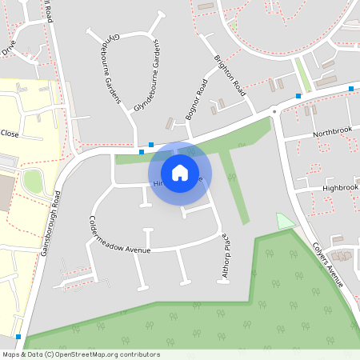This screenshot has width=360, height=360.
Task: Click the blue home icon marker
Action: click(x=180, y=172)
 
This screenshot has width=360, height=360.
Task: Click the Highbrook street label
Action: click(x=340, y=186)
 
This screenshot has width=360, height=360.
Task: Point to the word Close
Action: click(x=10, y=133)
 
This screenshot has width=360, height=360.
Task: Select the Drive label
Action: click(x=8, y=49)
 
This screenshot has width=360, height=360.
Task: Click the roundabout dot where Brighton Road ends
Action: click(x=274, y=110)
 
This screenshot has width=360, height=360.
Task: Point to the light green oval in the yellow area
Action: click(x=32, y=182)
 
